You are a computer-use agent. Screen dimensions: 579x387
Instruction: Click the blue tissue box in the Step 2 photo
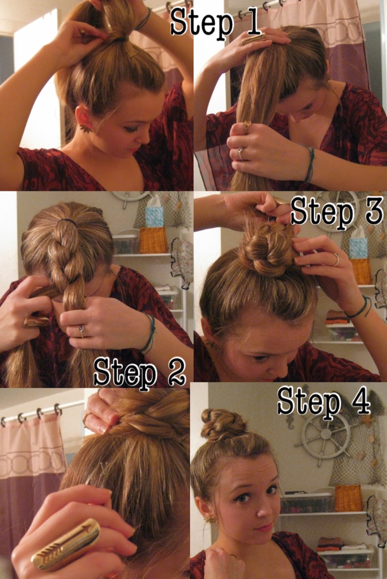tap(155, 216)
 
